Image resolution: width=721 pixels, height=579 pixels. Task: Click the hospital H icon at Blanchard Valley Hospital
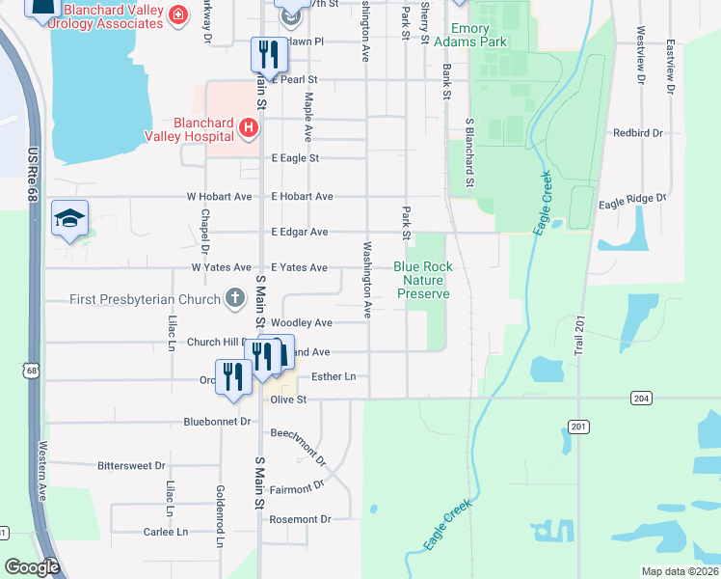[x=249, y=127]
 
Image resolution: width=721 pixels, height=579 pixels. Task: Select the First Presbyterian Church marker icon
[x=234, y=299]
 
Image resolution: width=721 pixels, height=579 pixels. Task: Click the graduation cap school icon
[x=70, y=218]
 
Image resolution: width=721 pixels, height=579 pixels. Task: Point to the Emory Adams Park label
[x=469, y=36]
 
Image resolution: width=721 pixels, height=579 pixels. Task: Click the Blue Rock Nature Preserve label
[x=423, y=280]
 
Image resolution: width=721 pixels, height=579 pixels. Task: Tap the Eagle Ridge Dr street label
[x=632, y=199]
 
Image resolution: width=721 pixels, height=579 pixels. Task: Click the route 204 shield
[x=642, y=398]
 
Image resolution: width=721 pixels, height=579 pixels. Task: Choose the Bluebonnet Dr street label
[x=217, y=422]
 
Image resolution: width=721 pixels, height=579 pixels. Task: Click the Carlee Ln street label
[x=166, y=532]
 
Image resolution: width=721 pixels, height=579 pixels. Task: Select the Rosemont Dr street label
[x=300, y=519]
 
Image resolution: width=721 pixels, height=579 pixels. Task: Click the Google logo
[x=32, y=566]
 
